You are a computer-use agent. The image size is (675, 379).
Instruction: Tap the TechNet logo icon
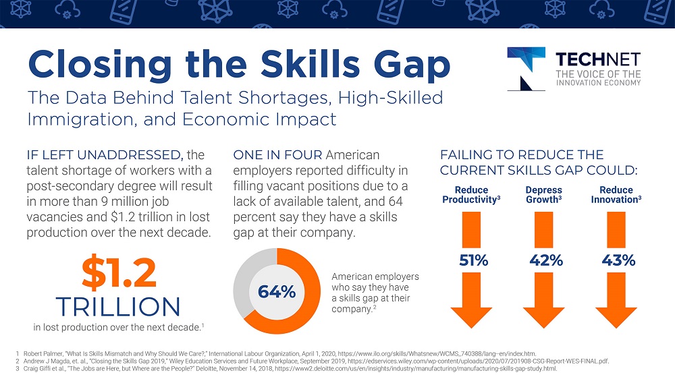[x=526, y=67]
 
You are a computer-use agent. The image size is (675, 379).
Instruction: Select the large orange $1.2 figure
[x=119, y=272]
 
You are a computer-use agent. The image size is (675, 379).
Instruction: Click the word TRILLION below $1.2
[x=119, y=306]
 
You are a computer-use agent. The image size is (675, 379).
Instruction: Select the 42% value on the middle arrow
[x=545, y=260]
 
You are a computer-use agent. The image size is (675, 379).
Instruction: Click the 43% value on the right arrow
[x=618, y=260]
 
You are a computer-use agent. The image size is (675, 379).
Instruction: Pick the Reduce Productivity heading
[x=471, y=195]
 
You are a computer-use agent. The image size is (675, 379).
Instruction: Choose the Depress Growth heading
[x=544, y=195]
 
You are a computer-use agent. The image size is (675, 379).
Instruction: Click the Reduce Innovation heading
[x=616, y=195]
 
